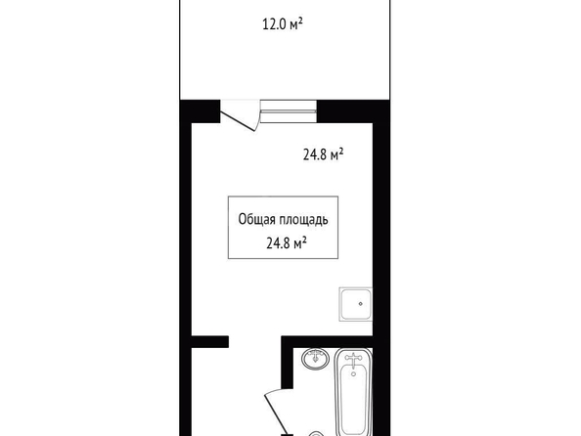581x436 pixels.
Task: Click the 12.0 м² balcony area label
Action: click(x=283, y=24)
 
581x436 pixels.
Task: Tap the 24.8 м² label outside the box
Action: click(x=323, y=154)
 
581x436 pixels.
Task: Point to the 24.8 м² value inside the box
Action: click(x=286, y=243)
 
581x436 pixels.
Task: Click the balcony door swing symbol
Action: click(x=240, y=115)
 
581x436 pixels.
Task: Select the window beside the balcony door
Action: click(x=289, y=111)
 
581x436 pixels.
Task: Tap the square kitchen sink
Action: click(x=355, y=304)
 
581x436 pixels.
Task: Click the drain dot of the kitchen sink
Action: click(x=361, y=304)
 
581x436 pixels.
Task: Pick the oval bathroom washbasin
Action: click(x=315, y=359)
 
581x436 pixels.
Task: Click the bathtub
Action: click(x=353, y=392)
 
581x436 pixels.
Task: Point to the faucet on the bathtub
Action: click(x=353, y=360)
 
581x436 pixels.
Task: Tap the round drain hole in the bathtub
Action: click(x=353, y=374)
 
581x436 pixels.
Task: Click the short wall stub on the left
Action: click(x=209, y=341)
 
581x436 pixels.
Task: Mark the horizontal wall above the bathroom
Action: click(x=327, y=341)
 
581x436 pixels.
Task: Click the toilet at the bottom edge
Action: click(x=316, y=433)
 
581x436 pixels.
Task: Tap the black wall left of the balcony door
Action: click(x=201, y=111)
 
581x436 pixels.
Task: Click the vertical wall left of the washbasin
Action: click(x=288, y=363)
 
